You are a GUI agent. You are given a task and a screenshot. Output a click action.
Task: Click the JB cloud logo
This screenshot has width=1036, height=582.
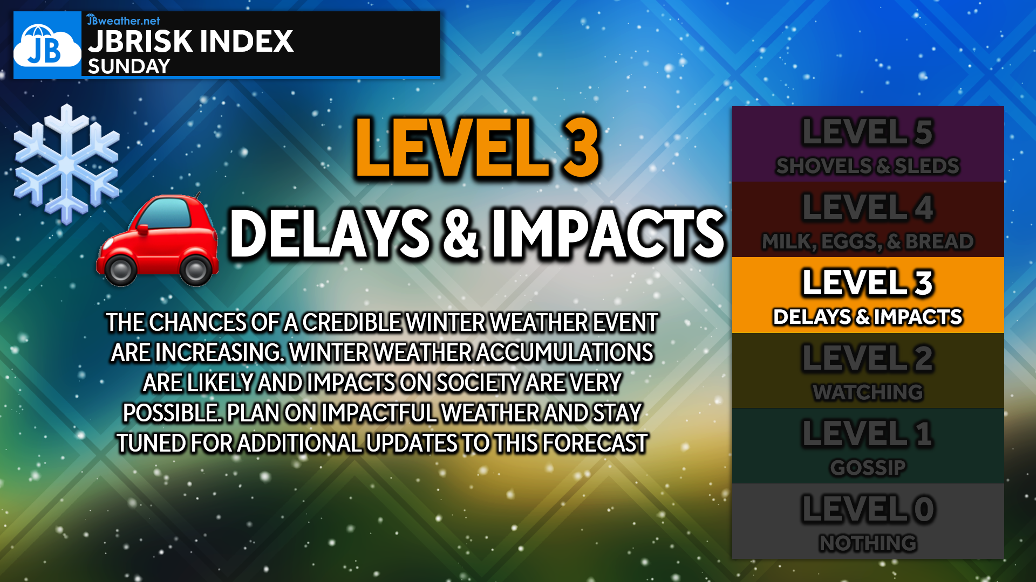click(x=47, y=45)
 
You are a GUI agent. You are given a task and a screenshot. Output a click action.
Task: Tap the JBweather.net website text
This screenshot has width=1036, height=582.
click(x=124, y=20)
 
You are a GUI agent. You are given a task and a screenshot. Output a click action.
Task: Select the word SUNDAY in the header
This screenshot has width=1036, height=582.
click(x=129, y=66)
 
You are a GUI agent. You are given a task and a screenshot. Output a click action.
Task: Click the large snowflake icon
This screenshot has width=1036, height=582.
click(x=66, y=164)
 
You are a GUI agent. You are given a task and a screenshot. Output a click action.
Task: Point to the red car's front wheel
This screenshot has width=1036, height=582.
click(x=120, y=269)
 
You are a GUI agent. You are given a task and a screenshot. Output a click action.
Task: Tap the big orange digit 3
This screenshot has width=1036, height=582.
click(x=581, y=148)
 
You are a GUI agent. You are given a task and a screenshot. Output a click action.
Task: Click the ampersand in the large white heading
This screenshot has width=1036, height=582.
click(x=460, y=233)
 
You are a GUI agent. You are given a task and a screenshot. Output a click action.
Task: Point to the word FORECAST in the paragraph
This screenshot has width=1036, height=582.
click(x=595, y=443)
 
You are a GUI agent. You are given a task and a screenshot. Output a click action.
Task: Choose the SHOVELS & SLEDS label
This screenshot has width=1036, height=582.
click(x=868, y=165)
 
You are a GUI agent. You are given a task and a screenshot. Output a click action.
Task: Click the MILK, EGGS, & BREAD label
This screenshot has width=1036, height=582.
click(x=868, y=241)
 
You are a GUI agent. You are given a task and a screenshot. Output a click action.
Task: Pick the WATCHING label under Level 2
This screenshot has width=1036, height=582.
click(x=868, y=392)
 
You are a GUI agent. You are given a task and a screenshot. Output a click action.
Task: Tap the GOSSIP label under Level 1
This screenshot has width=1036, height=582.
click(x=868, y=467)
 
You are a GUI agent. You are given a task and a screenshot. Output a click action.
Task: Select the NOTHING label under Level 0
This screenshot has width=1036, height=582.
click(x=868, y=543)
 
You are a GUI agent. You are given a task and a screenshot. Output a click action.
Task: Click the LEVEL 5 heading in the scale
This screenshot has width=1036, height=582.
click(x=868, y=132)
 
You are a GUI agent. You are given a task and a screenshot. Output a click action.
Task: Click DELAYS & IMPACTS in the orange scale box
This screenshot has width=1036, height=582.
click(x=868, y=316)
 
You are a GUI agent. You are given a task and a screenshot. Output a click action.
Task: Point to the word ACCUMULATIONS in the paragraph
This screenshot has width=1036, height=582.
click(x=564, y=352)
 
